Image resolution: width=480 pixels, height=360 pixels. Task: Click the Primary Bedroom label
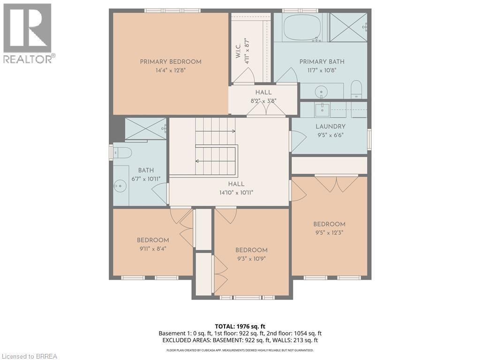click(171, 61)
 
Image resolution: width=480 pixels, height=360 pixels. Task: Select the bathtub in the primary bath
click(301, 28)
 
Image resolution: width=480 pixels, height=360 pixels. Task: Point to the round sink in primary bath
click(322, 90)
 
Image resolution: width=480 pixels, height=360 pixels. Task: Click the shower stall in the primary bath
click(348, 27)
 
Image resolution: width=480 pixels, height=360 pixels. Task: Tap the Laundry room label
click(330, 127)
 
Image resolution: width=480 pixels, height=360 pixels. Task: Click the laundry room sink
click(322, 110)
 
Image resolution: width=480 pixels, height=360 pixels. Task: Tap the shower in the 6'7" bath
click(145, 129)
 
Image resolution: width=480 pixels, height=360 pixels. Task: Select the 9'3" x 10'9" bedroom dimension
click(251, 258)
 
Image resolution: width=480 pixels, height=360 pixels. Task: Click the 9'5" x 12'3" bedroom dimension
click(329, 232)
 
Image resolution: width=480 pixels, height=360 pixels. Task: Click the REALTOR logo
click(28, 33)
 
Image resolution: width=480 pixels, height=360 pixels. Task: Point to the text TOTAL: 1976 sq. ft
click(240, 326)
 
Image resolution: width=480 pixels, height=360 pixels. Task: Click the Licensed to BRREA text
click(29, 356)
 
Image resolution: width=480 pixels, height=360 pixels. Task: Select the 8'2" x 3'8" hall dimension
click(263, 101)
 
